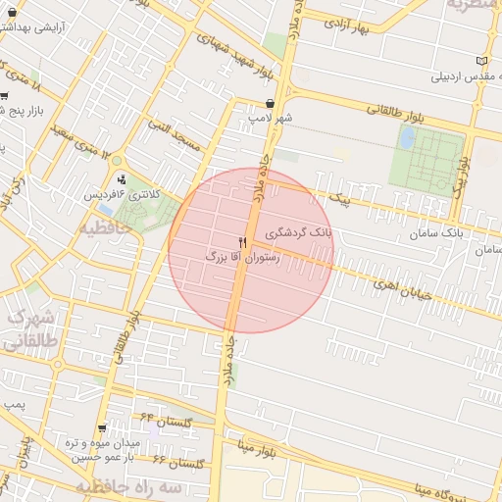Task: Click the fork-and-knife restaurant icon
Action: (x=242, y=241)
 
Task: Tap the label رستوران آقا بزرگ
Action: (x=241, y=256)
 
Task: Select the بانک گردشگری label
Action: (x=307, y=234)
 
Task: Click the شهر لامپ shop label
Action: (x=271, y=117)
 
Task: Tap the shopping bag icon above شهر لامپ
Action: (x=270, y=103)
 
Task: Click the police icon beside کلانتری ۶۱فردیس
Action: (x=122, y=179)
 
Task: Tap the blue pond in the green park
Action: (x=406, y=138)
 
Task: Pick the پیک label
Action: (x=340, y=201)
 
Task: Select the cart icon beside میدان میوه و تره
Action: (x=103, y=428)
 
